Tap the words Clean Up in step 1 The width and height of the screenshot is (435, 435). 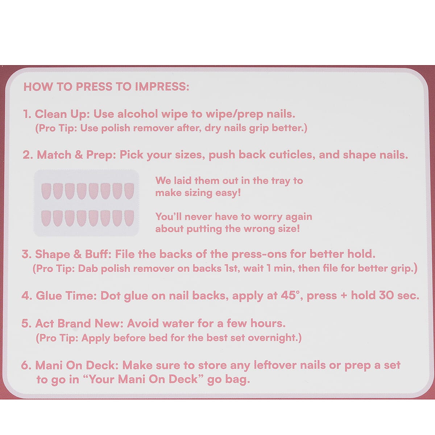[61, 114]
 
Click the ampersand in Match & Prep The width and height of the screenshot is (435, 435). [79, 155]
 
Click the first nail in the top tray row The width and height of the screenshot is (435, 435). [46, 190]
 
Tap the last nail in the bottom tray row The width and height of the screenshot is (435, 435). [129, 218]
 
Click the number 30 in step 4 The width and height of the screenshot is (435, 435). [386, 295]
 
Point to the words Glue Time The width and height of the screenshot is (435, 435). [66, 295]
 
